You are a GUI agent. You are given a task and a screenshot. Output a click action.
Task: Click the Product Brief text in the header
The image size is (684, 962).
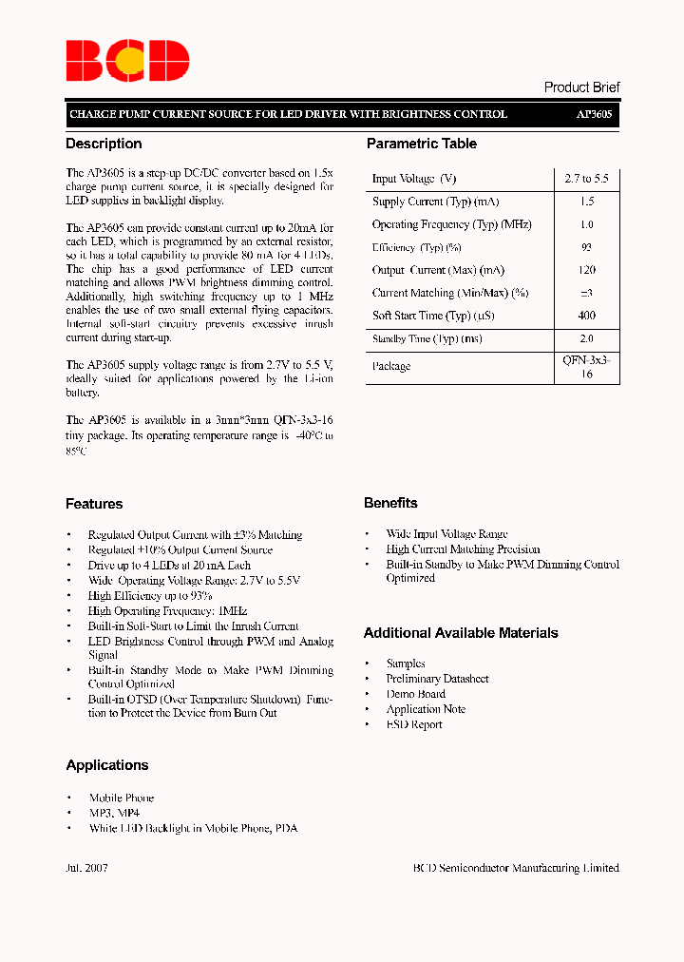tap(581, 87)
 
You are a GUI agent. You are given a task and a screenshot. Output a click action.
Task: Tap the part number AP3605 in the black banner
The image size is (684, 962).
tap(594, 114)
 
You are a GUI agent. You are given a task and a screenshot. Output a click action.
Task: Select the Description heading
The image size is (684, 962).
tap(104, 144)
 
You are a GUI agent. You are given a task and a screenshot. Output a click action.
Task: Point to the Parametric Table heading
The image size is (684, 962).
tap(422, 144)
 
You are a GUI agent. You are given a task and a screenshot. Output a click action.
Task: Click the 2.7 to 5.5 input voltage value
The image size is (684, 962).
tap(586, 179)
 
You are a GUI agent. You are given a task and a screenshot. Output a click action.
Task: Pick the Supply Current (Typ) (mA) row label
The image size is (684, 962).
tap(435, 202)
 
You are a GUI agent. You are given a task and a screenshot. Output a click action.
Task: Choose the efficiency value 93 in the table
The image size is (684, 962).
tap(586, 247)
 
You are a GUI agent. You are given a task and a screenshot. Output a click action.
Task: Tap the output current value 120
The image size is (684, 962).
tap(586, 270)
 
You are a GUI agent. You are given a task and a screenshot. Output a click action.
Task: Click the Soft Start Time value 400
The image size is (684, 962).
tap(586, 316)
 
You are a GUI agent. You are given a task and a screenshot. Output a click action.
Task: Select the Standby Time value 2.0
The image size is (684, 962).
tap(586, 338)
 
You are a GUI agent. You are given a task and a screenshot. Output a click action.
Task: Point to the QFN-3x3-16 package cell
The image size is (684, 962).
tap(586, 367)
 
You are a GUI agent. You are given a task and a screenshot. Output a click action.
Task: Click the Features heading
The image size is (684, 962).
tap(94, 504)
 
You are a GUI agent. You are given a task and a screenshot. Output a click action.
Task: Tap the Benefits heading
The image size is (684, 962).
tap(390, 503)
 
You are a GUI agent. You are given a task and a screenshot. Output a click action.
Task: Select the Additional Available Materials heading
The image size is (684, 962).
tap(461, 633)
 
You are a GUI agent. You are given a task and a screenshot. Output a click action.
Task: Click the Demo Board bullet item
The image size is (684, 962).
tap(415, 694)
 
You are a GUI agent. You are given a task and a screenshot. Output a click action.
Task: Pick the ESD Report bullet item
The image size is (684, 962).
tap(414, 724)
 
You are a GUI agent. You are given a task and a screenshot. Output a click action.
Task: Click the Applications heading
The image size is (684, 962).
tap(107, 765)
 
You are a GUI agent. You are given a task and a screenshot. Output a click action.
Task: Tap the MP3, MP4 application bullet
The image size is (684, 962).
tap(114, 814)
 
